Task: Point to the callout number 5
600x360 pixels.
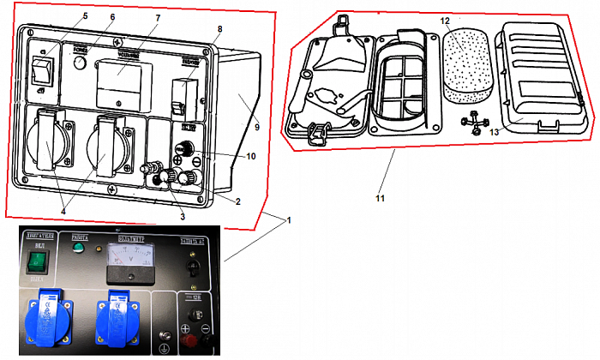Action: [x=85, y=16]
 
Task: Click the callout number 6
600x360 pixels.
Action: [x=112, y=16]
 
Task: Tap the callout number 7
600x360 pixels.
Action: [x=158, y=18]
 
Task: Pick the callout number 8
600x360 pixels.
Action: [x=219, y=28]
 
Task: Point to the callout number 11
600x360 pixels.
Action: [x=380, y=199]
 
